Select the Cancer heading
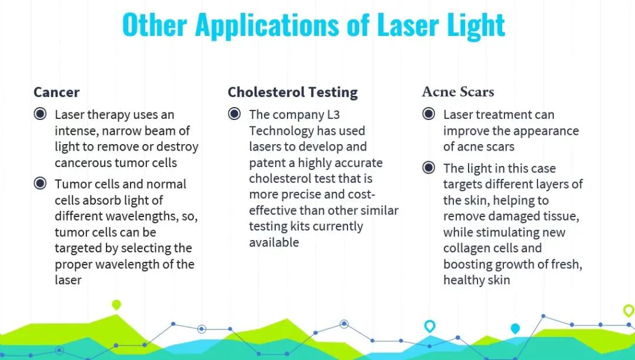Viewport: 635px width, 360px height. (x=56, y=92)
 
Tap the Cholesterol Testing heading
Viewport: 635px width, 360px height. (x=292, y=93)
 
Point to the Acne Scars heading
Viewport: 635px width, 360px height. (x=458, y=92)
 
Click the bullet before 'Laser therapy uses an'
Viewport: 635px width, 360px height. (x=40, y=114)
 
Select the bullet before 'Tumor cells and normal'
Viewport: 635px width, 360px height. (x=40, y=183)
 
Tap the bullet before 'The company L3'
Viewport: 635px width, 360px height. (x=234, y=114)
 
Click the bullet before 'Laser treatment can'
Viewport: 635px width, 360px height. (x=429, y=114)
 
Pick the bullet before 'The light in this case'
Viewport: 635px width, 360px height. (x=429, y=167)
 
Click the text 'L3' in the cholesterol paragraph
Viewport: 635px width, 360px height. (x=333, y=115)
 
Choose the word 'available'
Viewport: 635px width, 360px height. (x=274, y=242)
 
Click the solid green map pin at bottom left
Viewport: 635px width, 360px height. (x=116, y=305)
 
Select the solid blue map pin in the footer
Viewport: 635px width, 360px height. (x=514, y=328)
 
